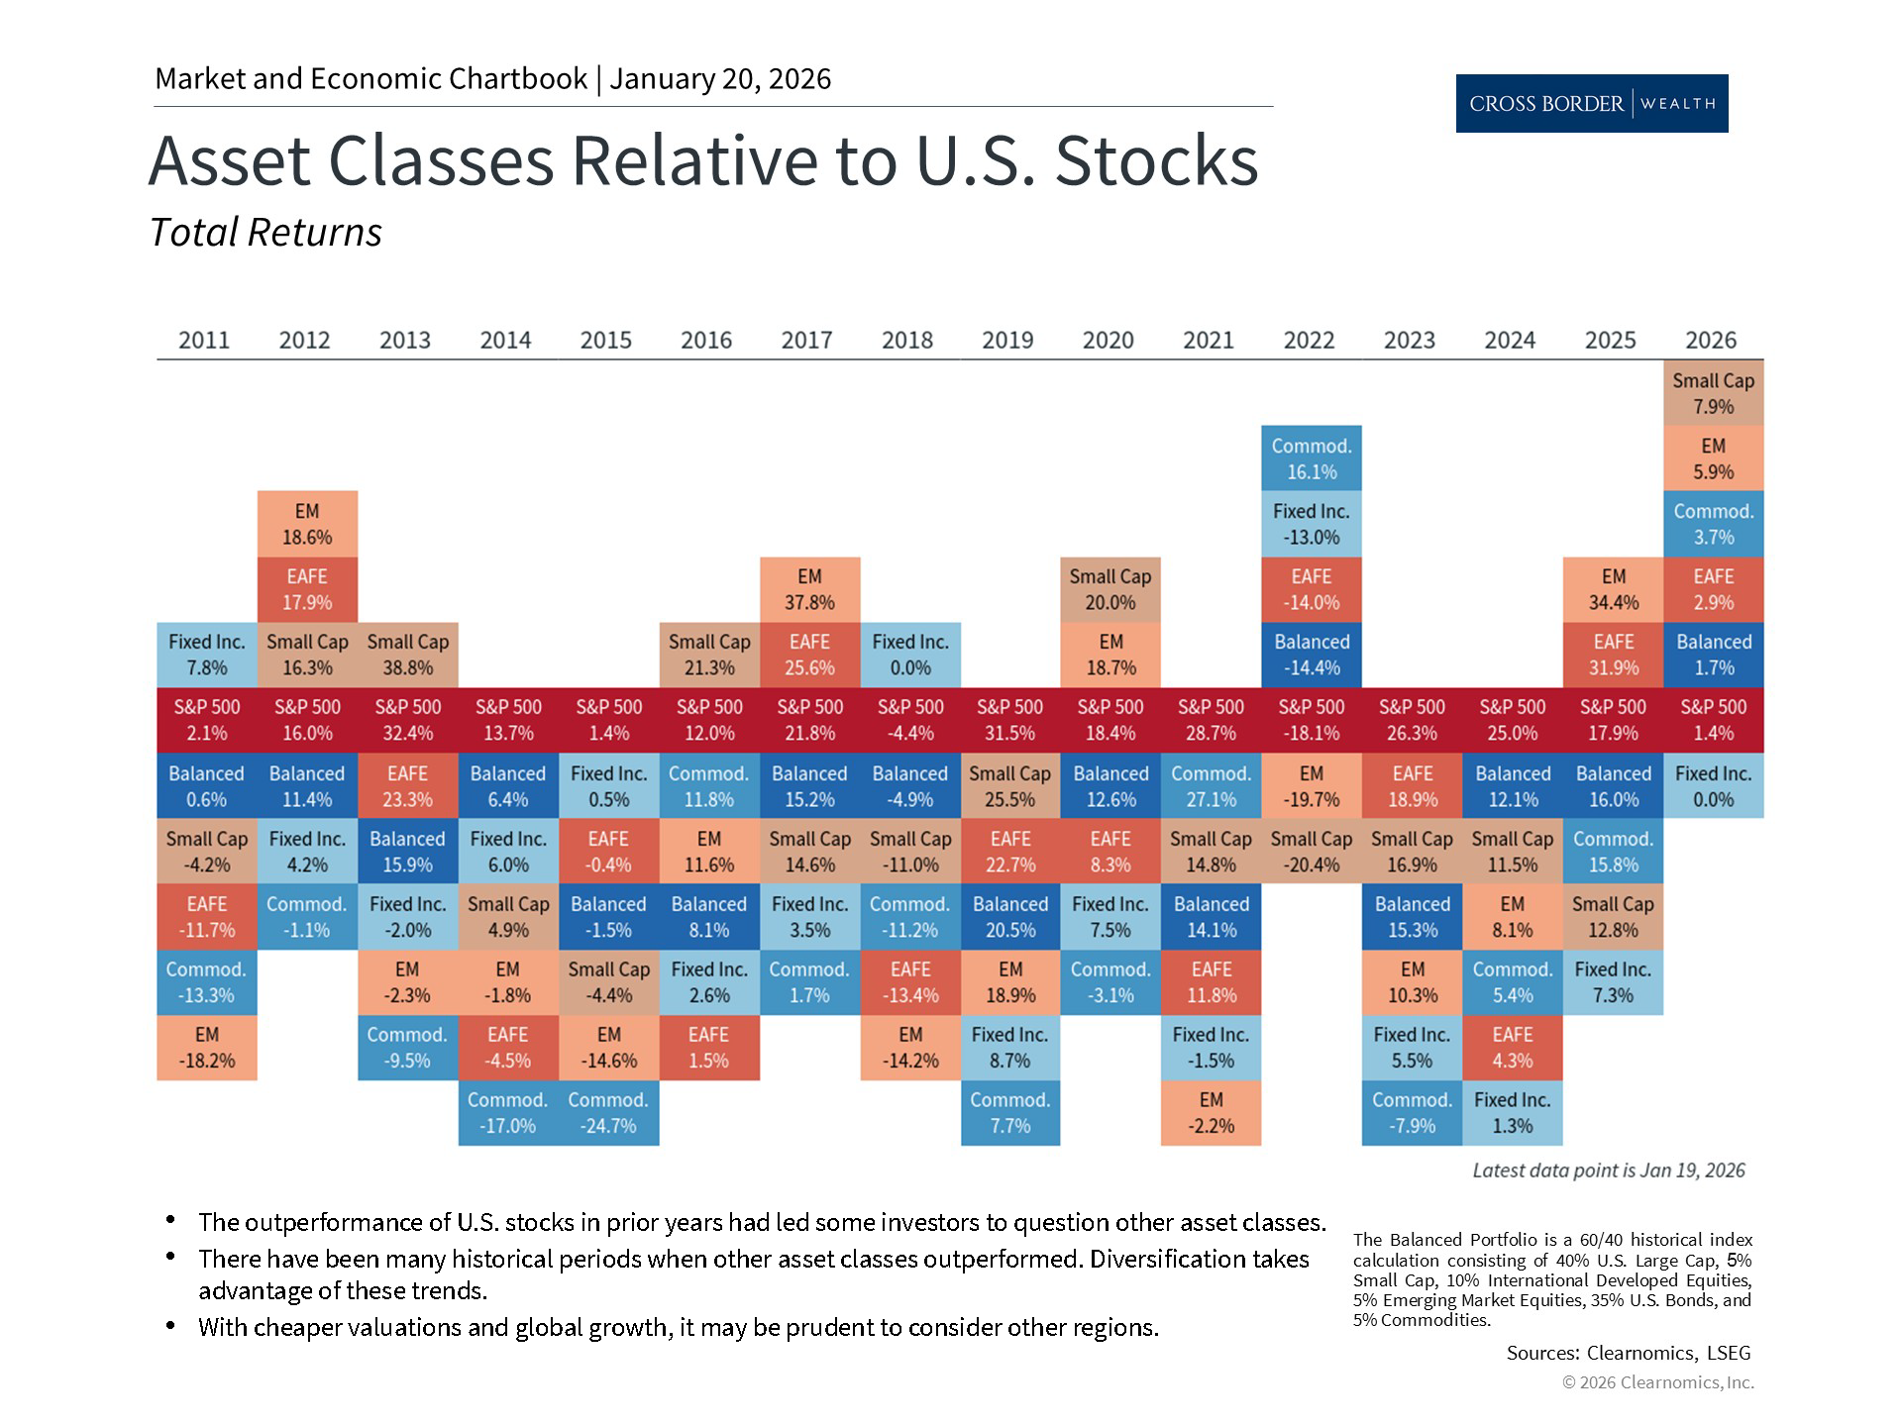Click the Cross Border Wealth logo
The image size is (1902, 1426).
coord(1591,103)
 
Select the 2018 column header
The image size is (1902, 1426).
coord(906,340)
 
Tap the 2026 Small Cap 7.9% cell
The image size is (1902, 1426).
coord(1713,393)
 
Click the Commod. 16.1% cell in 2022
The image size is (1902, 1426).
coord(1311,458)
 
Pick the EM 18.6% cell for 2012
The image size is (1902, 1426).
coord(307,524)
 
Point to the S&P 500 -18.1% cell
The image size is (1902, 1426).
coord(1311,720)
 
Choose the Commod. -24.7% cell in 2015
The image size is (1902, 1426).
coord(608,1113)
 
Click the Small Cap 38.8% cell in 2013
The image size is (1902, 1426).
coord(407,655)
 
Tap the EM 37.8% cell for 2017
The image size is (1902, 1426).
coord(809,589)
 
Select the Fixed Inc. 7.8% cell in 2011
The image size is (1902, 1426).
coord(206,655)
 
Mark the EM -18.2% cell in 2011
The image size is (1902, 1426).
coord(206,1048)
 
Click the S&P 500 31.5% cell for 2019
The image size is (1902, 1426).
coord(1009,720)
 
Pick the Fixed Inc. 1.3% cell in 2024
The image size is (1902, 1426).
coord(1512,1113)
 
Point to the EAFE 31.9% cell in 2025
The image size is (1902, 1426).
coord(1613,655)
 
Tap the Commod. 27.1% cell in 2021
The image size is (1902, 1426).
coord(1211,786)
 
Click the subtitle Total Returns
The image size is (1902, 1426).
coord(265,233)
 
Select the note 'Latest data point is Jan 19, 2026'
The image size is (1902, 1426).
coord(1608,1171)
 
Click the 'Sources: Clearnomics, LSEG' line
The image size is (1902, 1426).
coord(1628,1353)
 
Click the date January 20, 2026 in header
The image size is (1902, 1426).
coord(720,79)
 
